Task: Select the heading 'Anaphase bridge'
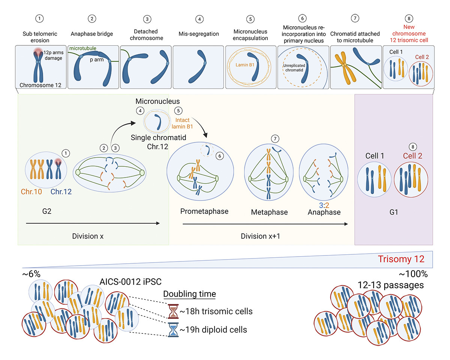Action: point(92,34)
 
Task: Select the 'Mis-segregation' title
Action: point(199,34)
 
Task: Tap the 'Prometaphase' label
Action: point(204,211)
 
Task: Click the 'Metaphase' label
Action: point(269,212)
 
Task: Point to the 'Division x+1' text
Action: point(261,236)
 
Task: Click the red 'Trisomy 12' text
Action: point(401,259)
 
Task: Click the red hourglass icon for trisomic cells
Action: point(173,311)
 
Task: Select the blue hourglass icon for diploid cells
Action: point(173,330)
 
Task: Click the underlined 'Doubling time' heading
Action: point(189,294)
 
